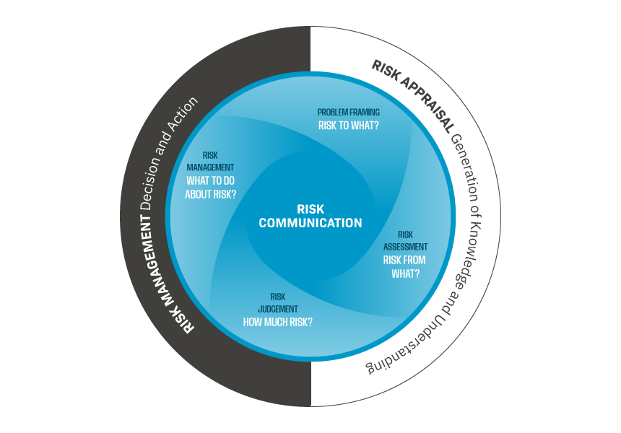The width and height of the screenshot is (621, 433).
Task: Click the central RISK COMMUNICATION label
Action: (x=310, y=215)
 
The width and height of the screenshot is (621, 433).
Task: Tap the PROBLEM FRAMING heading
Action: (x=349, y=112)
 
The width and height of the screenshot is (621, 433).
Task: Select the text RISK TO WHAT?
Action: (x=349, y=125)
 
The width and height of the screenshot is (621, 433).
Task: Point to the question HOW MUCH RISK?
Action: (x=278, y=322)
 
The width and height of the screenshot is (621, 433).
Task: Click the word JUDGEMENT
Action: (x=278, y=309)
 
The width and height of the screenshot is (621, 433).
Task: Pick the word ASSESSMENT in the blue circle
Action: (x=405, y=247)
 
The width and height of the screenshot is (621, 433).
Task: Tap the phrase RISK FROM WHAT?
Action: (x=404, y=266)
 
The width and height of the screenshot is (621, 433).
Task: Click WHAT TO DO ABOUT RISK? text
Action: (x=211, y=187)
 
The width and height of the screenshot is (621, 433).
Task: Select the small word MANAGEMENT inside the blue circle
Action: (x=211, y=167)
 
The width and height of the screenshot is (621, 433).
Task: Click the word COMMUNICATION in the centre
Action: (x=310, y=222)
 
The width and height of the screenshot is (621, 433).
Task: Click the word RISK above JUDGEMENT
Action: (x=278, y=297)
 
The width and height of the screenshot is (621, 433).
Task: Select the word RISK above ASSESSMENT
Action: (x=405, y=235)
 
